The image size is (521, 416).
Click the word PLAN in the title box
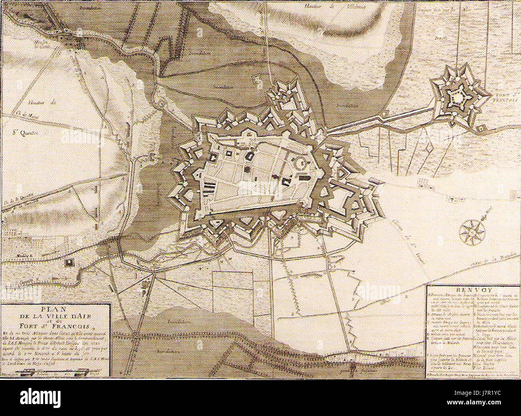click(x=56, y=309)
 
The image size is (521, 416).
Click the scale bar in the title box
click(x=40, y=372)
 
